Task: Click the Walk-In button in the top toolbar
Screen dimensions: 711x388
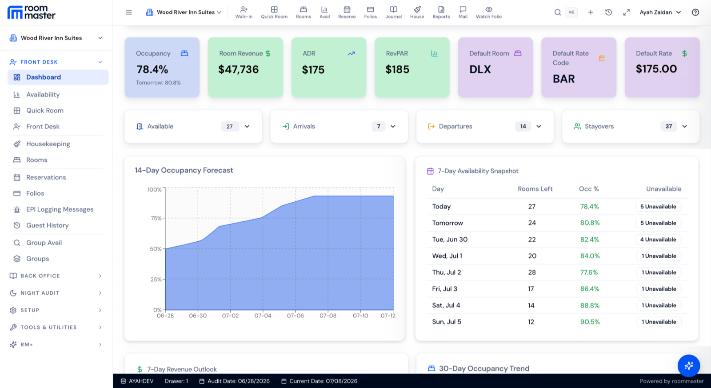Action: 244,12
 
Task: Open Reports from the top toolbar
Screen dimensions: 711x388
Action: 441,12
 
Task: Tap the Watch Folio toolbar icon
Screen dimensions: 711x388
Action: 488,12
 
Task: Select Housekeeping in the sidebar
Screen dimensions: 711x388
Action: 48,144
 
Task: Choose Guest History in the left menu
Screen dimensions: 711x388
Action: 47,225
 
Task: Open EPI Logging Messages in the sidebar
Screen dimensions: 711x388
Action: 60,209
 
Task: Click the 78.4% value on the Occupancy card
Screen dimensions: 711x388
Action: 152,69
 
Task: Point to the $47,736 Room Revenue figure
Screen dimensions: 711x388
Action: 238,69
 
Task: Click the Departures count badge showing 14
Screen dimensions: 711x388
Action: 523,126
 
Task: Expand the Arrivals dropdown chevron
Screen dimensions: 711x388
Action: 393,126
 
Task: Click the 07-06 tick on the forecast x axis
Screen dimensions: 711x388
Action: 295,316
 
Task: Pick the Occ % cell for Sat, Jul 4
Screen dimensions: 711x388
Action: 589,305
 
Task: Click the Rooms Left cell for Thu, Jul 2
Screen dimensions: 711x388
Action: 531,272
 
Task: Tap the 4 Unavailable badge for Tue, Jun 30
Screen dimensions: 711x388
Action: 658,240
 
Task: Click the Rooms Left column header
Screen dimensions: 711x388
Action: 535,189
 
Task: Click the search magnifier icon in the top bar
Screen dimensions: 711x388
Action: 557,12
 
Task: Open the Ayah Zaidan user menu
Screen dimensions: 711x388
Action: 660,12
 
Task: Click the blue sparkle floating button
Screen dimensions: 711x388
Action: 688,366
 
